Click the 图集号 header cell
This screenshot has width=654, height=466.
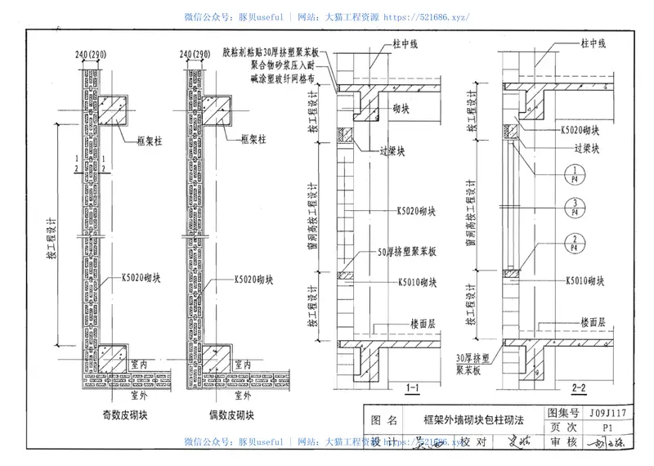[563, 414]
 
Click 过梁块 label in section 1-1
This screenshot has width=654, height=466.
[406, 152]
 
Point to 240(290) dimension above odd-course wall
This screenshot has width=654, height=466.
[92, 55]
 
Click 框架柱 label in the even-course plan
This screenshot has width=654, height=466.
[257, 141]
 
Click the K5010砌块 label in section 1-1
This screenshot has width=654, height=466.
[417, 283]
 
